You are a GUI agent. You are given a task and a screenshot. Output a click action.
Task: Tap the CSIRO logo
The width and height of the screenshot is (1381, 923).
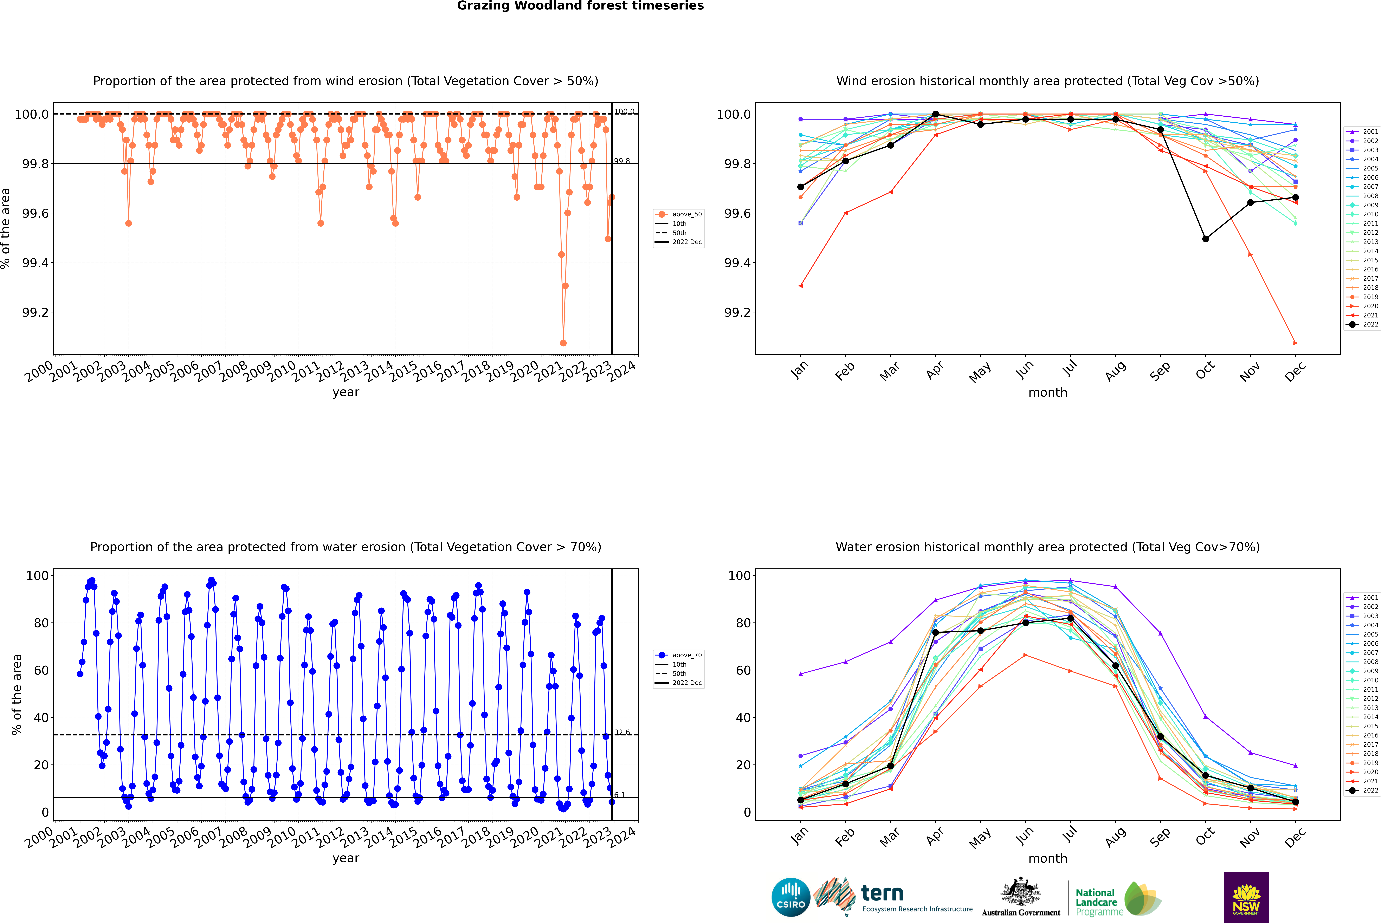(791, 897)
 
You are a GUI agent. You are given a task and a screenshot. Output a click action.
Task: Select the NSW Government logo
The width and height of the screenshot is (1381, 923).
(1246, 897)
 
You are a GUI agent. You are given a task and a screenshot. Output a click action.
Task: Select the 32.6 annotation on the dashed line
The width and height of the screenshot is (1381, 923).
(622, 732)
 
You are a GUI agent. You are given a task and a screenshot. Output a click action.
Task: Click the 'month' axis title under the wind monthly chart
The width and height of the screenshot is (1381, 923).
(1047, 393)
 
